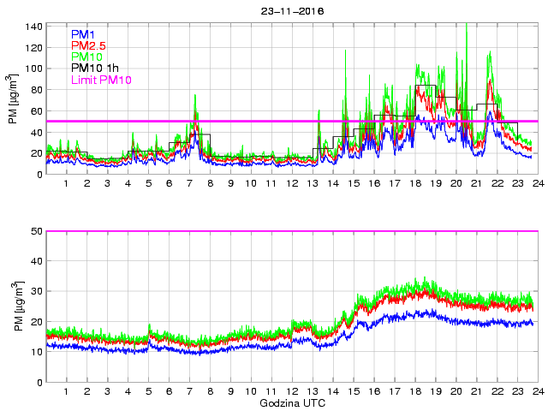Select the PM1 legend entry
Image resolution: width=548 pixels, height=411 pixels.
[84, 33]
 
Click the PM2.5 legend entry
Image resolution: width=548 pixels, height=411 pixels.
[89, 45]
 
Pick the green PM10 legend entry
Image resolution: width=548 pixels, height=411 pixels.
[87, 57]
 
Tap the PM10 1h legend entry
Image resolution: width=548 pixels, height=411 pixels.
[96, 68]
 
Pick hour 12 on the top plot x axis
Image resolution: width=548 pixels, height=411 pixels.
[292, 184]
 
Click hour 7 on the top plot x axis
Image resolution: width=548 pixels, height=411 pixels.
[189, 184]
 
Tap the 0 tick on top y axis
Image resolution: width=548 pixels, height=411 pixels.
[39, 175]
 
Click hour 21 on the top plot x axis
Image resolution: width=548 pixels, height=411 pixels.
[476, 184]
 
